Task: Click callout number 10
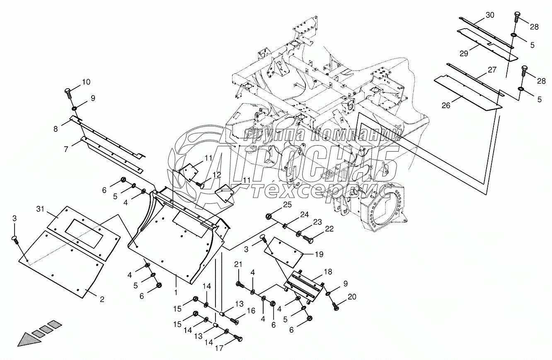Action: [85, 82]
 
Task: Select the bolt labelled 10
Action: [68, 93]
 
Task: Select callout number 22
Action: [329, 229]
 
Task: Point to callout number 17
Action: [219, 348]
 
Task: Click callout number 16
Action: [251, 311]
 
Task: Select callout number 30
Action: [490, 15]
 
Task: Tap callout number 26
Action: [445, 105]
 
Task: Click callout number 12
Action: [217, 174]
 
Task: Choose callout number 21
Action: [238, 265]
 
